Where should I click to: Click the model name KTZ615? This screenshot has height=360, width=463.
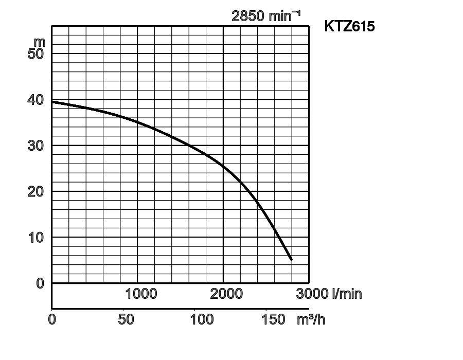[x=349, y=26]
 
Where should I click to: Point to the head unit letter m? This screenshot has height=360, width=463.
[x=40, y=41]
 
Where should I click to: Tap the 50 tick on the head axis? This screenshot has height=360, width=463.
[x=37, y=53]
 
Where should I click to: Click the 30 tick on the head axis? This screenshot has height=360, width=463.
[x=37, y=146]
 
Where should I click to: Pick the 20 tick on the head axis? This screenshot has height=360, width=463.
[x=37, y=191]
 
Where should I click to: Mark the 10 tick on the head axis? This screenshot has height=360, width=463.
[x=37, y=237]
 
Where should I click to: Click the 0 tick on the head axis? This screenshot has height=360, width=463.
[x=41, y=283]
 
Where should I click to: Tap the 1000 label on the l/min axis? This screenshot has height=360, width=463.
[x=141, y=294]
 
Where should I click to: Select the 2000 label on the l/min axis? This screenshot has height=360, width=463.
[x=226, y=294]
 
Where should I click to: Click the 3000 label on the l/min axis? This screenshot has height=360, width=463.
[x=313, y=294]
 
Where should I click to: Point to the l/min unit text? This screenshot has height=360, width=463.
[x=347, y=294]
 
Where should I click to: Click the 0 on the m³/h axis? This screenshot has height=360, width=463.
[x=52, y=319]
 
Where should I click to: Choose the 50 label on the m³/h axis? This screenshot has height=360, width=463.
[x=126, y=319]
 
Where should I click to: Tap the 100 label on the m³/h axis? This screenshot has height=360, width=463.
[x=202, y=319]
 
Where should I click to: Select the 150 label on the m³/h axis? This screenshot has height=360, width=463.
[x=273, y=319]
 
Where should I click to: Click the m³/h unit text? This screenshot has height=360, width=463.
[x=311, y=319]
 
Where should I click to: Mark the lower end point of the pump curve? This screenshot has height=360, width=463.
[x=292, y=260]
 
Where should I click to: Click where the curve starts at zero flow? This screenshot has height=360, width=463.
[x=52, y=102]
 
